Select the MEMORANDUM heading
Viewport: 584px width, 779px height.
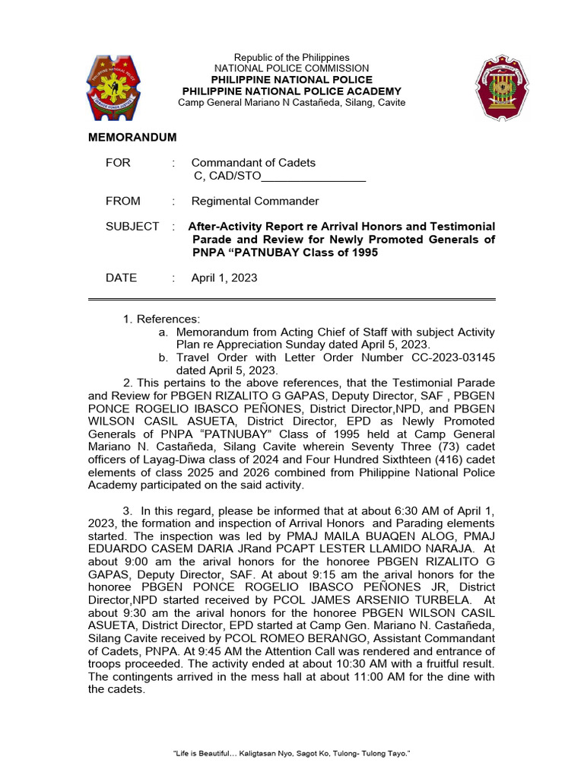point(132,137)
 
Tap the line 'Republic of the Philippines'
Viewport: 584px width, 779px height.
point(291,58)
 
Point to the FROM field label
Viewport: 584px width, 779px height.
point(122,201)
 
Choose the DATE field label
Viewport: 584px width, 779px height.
point(121,278)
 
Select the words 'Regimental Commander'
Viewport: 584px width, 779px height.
point(255,201)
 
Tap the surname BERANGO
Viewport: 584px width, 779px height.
point(300,638)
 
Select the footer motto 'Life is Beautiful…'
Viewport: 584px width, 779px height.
point(292,752)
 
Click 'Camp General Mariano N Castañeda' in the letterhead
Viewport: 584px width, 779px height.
point(258,103)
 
